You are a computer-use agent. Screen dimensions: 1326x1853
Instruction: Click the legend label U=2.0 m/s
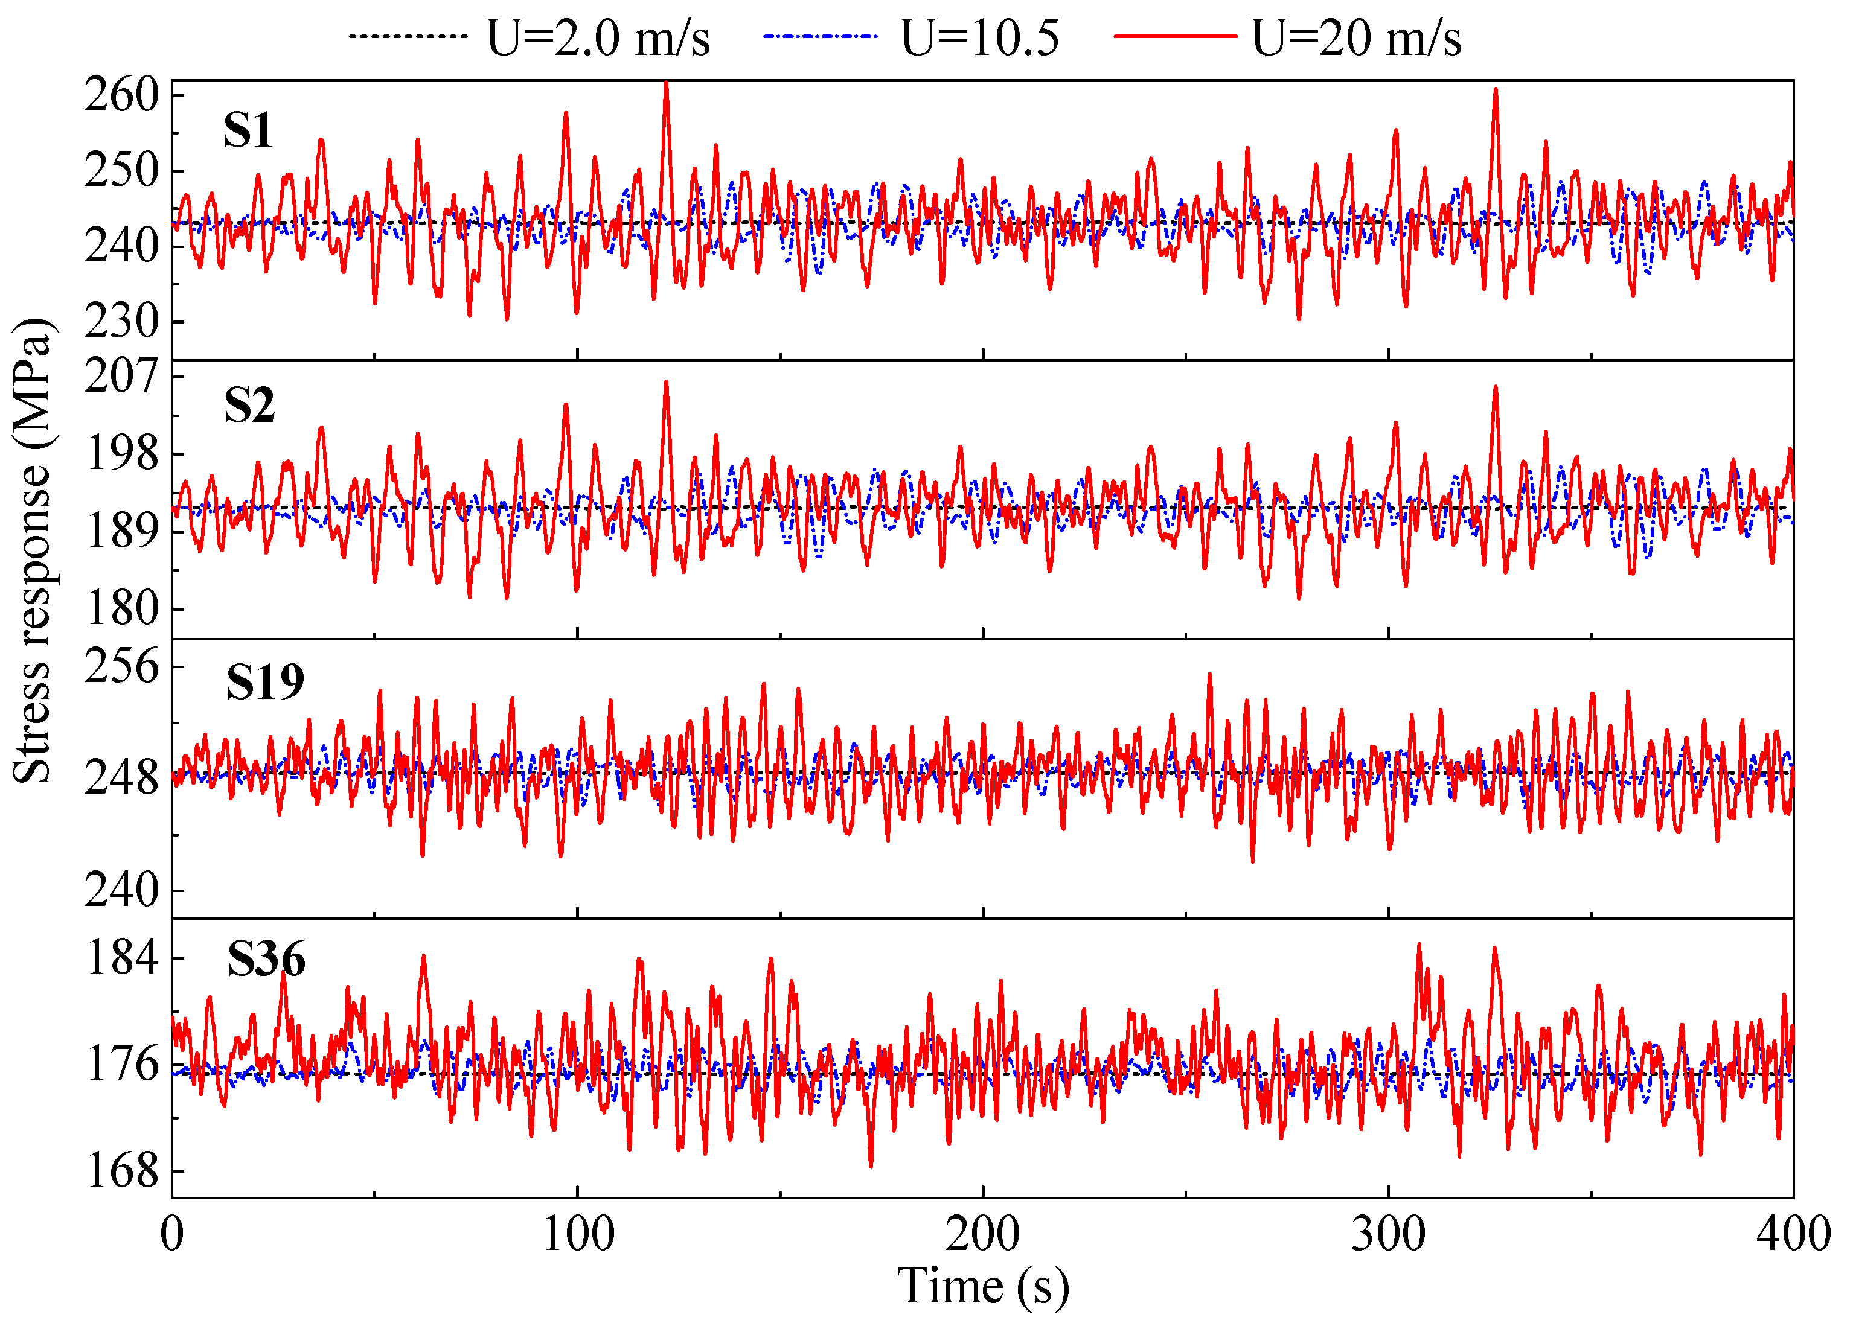(598, 37)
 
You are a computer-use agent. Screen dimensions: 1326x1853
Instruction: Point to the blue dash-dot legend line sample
(820, 37)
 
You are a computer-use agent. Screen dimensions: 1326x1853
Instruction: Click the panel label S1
(248, 130)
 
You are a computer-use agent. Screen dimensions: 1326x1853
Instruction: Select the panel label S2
(249, 406)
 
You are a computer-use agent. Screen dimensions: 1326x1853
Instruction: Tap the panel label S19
(264, 682)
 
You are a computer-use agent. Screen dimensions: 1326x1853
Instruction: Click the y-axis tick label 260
(122, 95)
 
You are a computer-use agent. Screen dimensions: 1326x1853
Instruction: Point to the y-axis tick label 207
(122, 377)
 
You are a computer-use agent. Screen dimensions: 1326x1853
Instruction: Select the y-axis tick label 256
(122, 666)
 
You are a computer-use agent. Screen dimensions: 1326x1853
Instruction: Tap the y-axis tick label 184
(123, 957)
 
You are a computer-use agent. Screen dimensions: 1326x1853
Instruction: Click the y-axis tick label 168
(123, 1171)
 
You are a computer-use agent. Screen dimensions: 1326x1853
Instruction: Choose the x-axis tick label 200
(982, 1234)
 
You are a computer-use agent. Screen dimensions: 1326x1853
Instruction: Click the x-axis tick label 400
(1793, 1234)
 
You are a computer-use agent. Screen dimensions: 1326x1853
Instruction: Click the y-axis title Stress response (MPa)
(33, 551)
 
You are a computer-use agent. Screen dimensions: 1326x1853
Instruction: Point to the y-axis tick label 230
(122, 321)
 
